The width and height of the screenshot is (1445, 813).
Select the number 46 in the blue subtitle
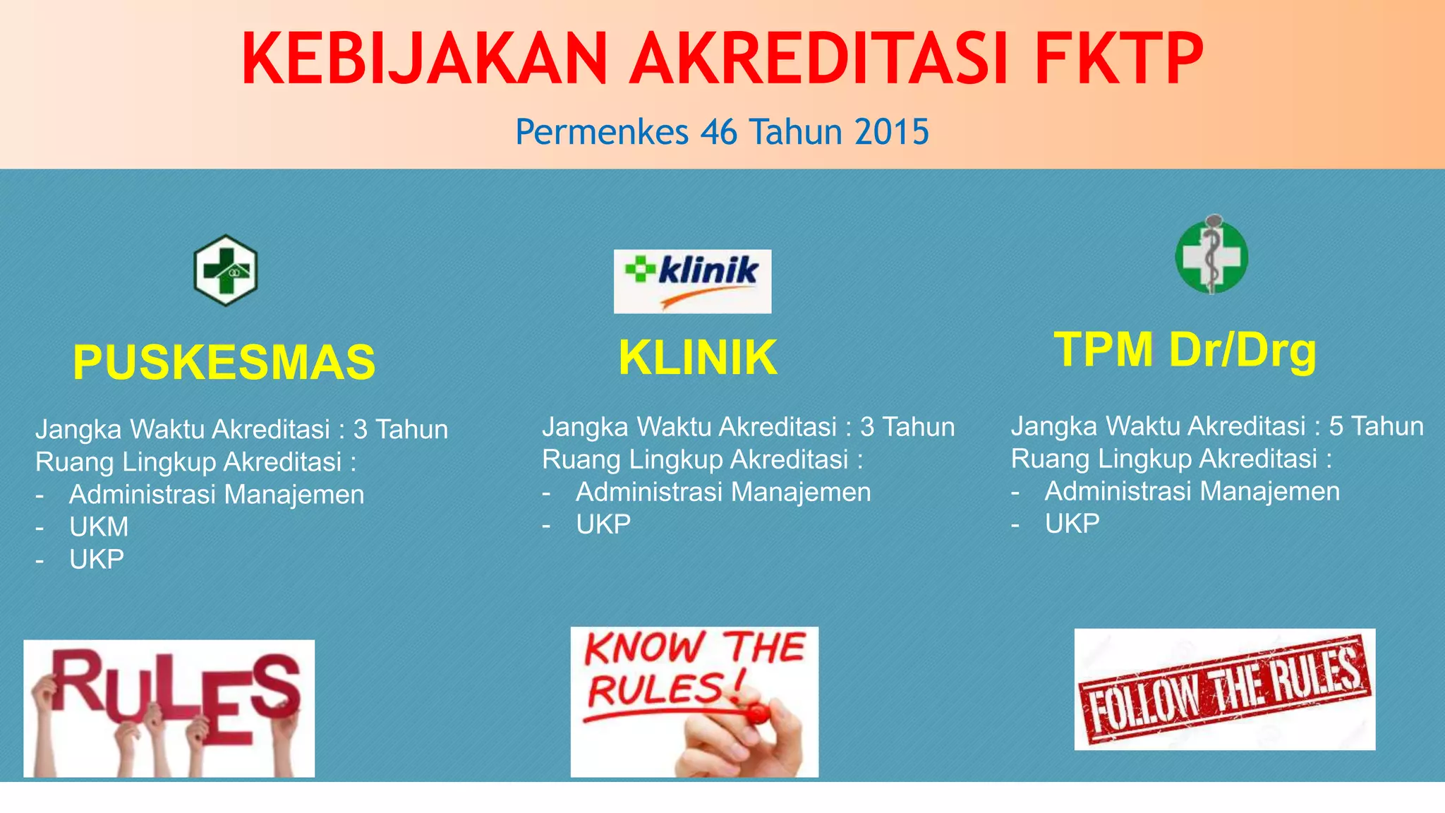(x=720, y=132)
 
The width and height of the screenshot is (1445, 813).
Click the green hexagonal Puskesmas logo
(x=226, y=270)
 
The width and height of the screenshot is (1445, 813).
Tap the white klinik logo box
(x=692, y=281)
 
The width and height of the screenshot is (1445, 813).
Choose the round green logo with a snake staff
(x=1211, y=255)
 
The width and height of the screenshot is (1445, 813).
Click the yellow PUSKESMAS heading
(x=224, y=363)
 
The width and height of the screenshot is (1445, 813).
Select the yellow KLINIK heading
(x=697, y=358)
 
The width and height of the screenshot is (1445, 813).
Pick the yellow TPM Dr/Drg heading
(x=1185, y=350)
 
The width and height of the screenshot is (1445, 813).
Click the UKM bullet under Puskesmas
(x=99, y=527)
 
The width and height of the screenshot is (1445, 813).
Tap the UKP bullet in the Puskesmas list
(x=97, y=560)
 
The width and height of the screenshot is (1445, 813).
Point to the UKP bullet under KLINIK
(x=603, y=524)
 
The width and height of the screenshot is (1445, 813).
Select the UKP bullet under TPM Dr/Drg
(x=1072, y=524)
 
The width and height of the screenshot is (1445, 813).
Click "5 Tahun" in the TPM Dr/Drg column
(x=1376, y=426)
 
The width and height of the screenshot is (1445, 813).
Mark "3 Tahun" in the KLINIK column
(x=907, y=427)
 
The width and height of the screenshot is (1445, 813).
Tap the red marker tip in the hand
(x=756, y=714)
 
